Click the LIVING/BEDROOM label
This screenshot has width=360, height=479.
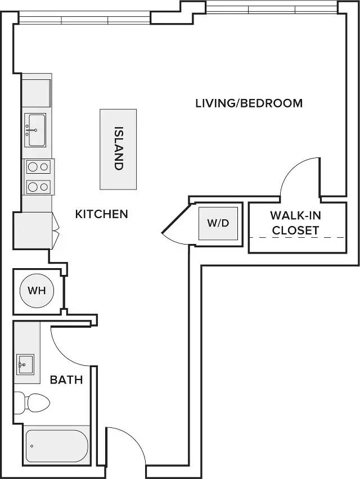click(249, 103)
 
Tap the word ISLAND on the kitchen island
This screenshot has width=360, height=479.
click(118, 148)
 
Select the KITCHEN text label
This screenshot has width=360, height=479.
click(101, 214)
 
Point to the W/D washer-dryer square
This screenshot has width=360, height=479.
click(218, 223)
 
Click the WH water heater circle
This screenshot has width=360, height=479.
click(37, 291)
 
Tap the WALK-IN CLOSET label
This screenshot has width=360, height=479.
click(295, 223)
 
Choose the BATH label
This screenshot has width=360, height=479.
click(66, 379)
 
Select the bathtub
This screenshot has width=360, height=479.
click(57, 446)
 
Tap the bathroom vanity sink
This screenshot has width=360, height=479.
click(25, 364)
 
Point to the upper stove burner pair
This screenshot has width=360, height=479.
click(38, 167)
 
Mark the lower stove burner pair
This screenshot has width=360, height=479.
click(38, 187)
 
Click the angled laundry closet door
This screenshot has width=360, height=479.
click(175, 219)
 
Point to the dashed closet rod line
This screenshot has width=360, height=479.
click(298, 238)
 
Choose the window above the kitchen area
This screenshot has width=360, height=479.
click(84, 20)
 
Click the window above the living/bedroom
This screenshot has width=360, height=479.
click(272, 10)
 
